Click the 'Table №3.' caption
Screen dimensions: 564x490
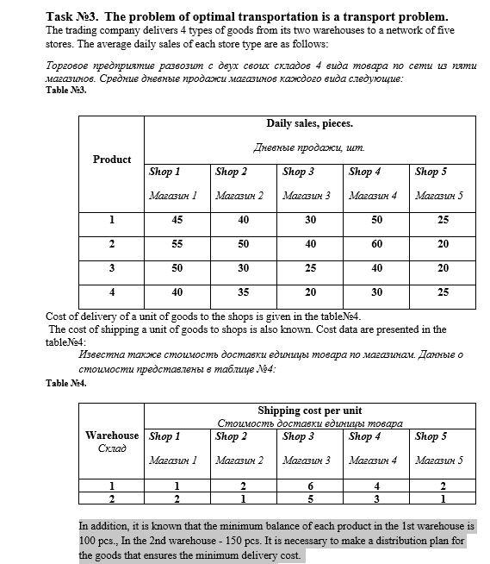[x=66, y=90]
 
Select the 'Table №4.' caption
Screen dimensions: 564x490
[x=66, y=382]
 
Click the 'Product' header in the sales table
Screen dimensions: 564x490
[x=112, y=160]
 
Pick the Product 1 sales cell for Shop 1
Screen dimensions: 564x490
[x=177, y=221]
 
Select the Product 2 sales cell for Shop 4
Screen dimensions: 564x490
[x=376, y=245]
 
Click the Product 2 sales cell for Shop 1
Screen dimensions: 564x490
[x=177, y=245]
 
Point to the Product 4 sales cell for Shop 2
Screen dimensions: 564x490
[x=244, y=292]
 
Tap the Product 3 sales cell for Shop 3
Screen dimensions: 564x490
[x=310, y=268]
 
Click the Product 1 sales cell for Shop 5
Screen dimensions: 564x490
[x=443, y=221]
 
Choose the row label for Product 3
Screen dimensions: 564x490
[x=112, y=268]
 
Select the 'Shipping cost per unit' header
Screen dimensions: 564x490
[x=309, y=410]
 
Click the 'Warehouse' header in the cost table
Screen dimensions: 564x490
[x=112, y=436]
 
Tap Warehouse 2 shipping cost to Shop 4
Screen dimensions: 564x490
[x=376, y=498]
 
